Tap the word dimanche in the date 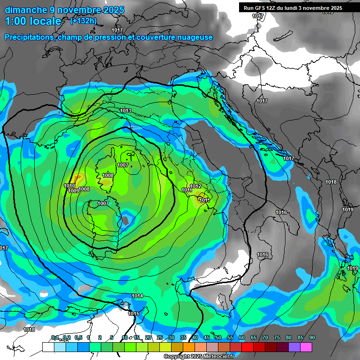click(23, 9)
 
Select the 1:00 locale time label click(33, 21)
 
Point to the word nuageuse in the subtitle click(194, 37)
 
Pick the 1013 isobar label click(125, 111)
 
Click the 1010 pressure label click(69, 186)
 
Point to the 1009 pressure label click(73, 191)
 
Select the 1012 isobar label click(195, 187)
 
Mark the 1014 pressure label click(137, 296)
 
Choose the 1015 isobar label click(134, 314)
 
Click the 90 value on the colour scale click(312, 337)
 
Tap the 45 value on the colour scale click(207, 337)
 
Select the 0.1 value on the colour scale click(55, 337)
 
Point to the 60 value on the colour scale click(242, 337)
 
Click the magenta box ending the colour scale click(306, 347)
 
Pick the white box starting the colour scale click(48, 347)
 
